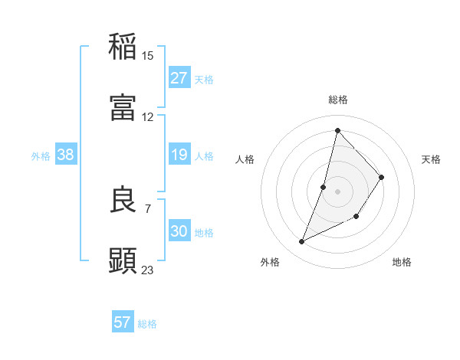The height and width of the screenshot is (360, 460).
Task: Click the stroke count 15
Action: [x=148, y=56]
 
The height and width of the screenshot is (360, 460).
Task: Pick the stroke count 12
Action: [x=148, y=117]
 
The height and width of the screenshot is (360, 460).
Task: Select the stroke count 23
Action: [x=148, y=270]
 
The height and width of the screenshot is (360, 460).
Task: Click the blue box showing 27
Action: [x=179, y=78]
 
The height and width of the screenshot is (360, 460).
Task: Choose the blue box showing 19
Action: [x=179, y=155]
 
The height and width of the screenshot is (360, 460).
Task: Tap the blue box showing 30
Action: [x=179, y=231]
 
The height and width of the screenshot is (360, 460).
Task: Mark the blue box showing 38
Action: [x=66, y=155]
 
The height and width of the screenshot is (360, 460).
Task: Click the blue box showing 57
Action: [x=123, y=323]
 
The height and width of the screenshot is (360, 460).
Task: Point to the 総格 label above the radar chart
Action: [x=338, y=100]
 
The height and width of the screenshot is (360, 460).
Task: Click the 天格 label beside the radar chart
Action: [x=431, y=159]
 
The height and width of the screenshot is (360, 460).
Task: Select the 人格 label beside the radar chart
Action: [x=245, y=159]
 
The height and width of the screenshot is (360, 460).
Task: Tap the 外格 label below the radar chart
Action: [x=270, y=262]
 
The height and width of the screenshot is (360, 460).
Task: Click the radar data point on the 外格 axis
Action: [x=302, y=242]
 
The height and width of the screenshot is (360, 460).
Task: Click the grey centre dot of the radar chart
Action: [x=337, y=191]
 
